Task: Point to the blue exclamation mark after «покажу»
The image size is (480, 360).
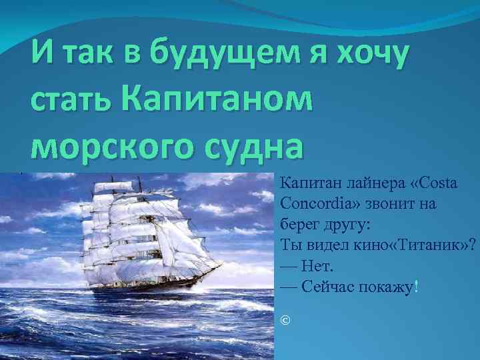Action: coord(417,287)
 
